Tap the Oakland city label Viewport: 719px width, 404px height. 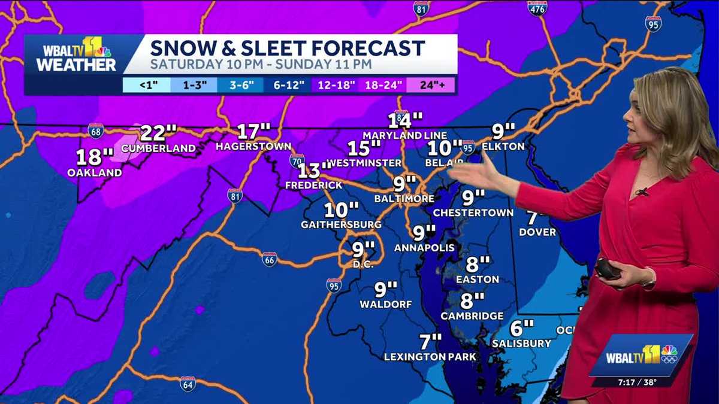[95, 173]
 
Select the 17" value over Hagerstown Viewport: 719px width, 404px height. [253, 132]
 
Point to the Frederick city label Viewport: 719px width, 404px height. [313, 186]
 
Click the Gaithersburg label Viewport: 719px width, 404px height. [341, 224]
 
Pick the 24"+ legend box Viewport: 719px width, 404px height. [430, 84]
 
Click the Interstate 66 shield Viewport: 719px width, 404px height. [270, 259]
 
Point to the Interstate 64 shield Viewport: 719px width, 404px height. [188, 384]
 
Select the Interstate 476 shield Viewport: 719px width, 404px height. [537, 8]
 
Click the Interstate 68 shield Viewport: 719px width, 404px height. [95, 130]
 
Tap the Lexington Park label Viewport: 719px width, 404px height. [430, 357]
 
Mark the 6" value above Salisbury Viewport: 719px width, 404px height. [521, 328]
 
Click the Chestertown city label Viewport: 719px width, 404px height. [473, 212]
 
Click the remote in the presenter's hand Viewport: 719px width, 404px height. [607, 269]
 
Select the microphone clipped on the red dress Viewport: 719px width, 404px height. [642, 192]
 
